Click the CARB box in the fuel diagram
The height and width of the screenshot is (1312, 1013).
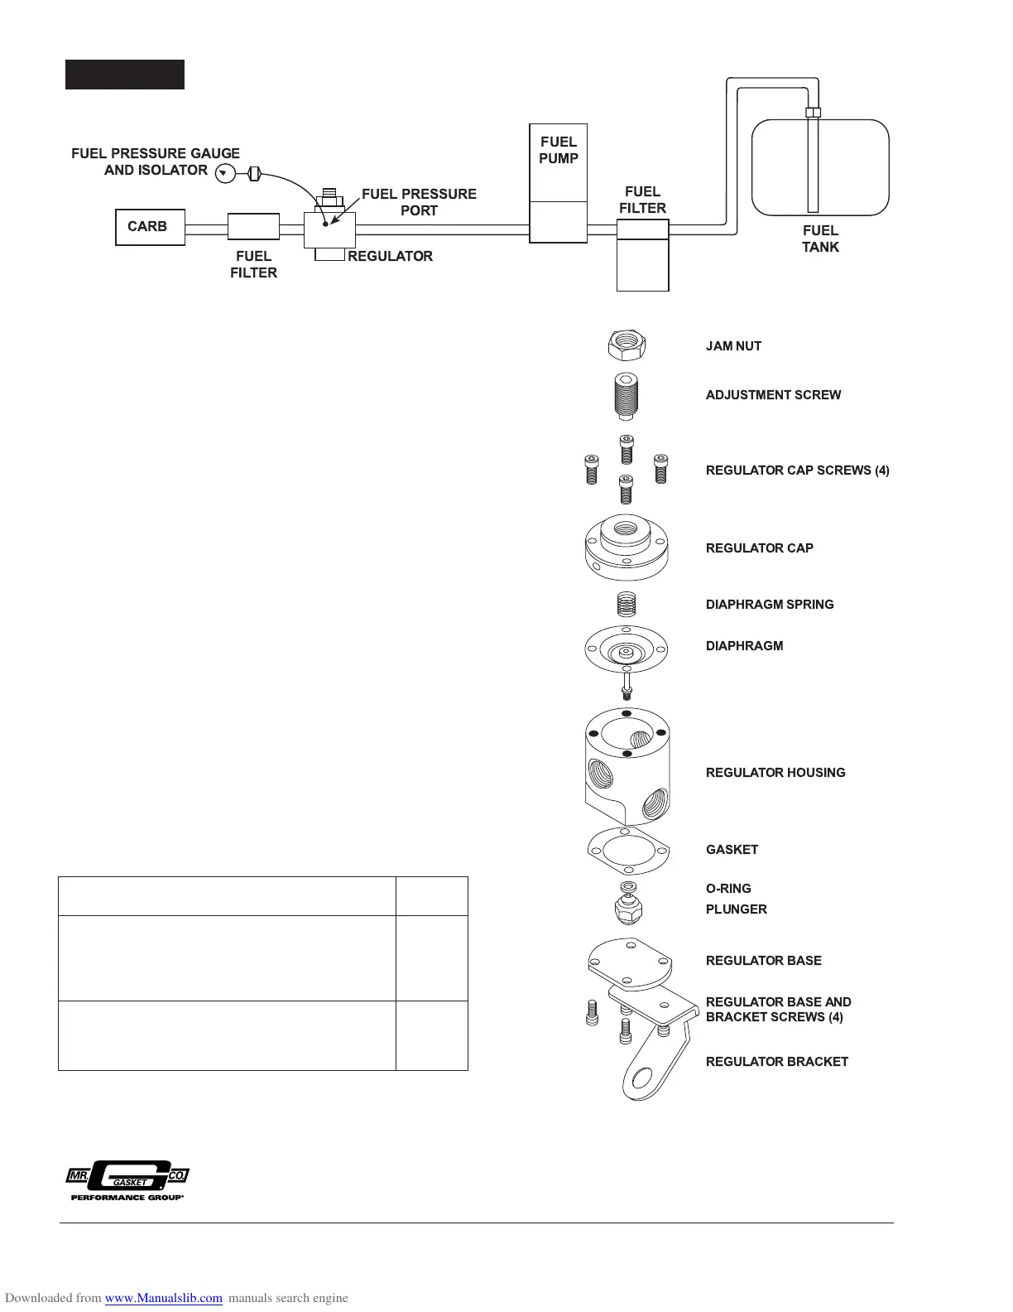click(x=150, y=227)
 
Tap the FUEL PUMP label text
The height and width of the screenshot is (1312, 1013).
click(x=559, y=150)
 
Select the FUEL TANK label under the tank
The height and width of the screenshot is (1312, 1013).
click(x=820, y=239)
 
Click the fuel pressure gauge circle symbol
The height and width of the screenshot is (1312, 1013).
click(x=224, y=173)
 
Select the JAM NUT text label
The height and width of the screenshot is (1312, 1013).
click(x=733, y=346)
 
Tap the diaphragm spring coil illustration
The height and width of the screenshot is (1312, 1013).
click(x=627, y=604)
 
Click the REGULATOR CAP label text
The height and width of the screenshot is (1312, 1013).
click(x=759, y=548)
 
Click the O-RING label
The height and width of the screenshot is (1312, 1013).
click(x=728, y=889)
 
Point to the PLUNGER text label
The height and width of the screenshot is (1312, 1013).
click(x=736, y=909)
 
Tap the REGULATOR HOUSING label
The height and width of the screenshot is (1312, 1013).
click(x=775, y=773)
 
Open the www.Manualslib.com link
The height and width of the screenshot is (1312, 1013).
click(x=164, y=1298)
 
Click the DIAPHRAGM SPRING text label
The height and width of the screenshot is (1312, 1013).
click(x=770, y=605)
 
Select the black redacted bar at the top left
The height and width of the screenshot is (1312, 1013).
click(x=125, y=75)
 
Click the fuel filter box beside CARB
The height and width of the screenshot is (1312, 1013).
click(x=253, y=227)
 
